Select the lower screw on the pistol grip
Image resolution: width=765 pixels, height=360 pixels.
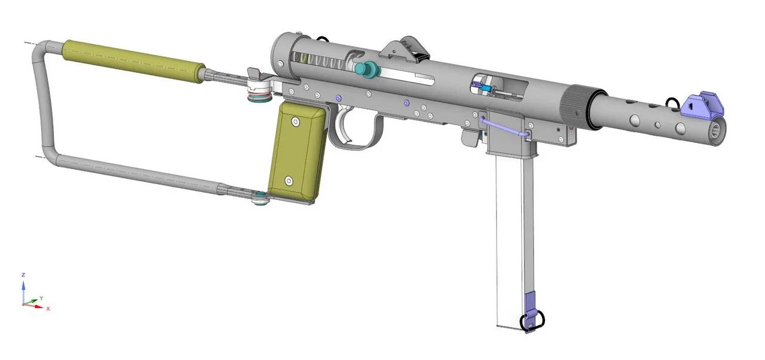pos(288,180)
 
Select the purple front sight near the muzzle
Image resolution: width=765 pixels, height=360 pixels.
pos(703,105)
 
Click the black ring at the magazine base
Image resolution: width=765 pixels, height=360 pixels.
pos(528,323)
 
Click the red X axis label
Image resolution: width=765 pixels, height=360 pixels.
pos(48,309)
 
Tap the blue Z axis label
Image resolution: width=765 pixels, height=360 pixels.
pos(23,274)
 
